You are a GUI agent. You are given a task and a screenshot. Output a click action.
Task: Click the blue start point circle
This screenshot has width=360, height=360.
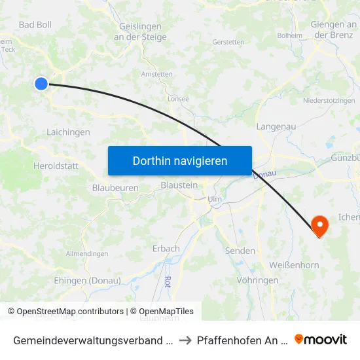pos(41,83)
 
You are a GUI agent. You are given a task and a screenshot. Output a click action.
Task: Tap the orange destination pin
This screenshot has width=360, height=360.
pos(320,226)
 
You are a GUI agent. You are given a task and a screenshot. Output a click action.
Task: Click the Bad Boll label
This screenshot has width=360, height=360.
pos(35,25)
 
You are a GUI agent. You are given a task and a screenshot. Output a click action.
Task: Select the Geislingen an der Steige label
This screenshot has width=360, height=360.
pos(143,31)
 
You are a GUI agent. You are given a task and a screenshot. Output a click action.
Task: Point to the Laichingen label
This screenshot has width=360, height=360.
pos(68,132)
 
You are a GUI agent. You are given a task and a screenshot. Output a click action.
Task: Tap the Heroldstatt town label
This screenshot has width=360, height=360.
pos(56,166)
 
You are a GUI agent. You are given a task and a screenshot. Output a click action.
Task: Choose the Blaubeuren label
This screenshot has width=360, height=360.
pos(115,187)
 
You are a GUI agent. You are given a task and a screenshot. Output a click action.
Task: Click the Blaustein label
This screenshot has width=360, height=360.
pos(179,185)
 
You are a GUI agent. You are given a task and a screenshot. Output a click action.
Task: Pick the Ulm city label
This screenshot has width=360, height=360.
pos(214,199)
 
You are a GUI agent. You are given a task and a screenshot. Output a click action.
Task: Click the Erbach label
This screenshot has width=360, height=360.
pos(166,249)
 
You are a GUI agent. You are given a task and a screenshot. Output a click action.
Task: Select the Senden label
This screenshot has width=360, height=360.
pos(240,251)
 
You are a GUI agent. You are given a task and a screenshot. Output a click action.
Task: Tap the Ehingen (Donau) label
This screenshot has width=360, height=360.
pos(87,281)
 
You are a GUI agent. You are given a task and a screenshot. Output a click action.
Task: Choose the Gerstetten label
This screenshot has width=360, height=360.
pos(228,42)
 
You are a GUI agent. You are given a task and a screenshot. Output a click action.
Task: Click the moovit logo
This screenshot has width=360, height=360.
pos(321,339)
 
